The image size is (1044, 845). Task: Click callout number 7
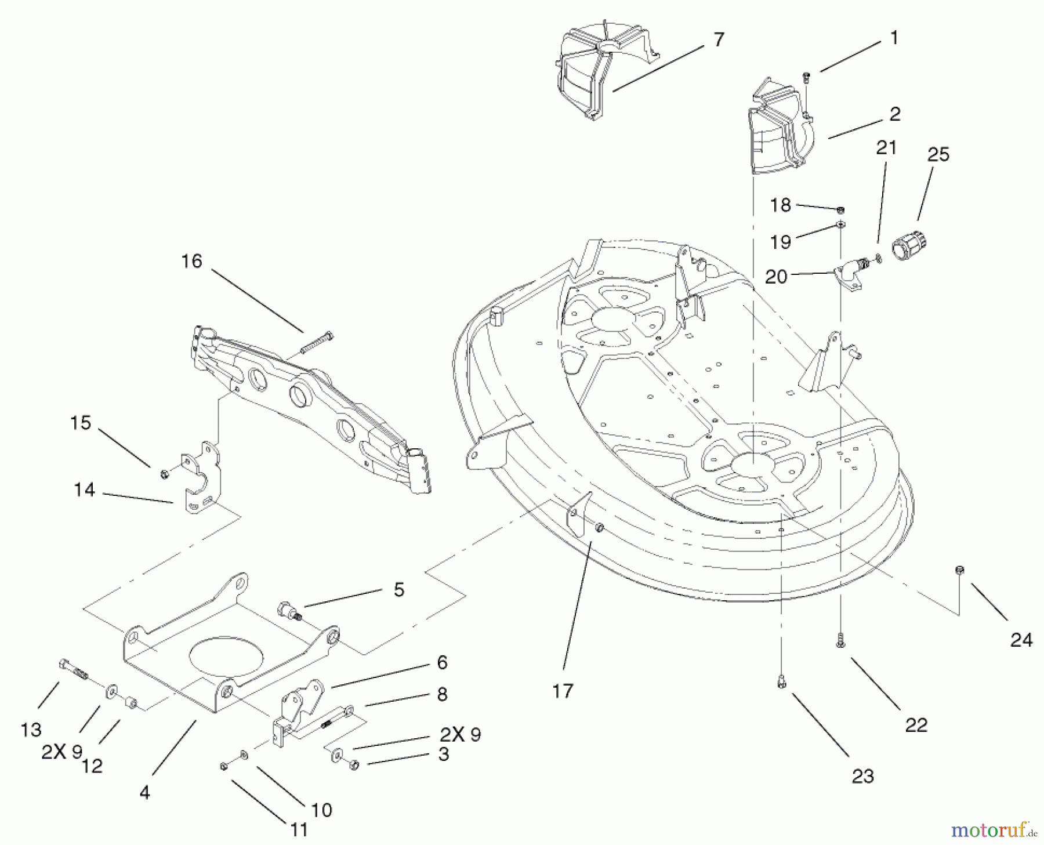click(718, 40)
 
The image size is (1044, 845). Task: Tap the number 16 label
click(191, 262)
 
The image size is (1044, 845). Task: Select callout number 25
click(938, 155)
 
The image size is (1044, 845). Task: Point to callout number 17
click(563, 691)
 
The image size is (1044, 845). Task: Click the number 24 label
click(1021, 640)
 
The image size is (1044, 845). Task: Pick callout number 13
click(31, 730)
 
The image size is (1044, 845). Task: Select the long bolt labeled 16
click(317, 343)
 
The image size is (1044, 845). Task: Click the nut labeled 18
click(840, 209)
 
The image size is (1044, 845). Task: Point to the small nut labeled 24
click(959, 571)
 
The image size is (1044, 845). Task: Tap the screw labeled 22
click(840, 640)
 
